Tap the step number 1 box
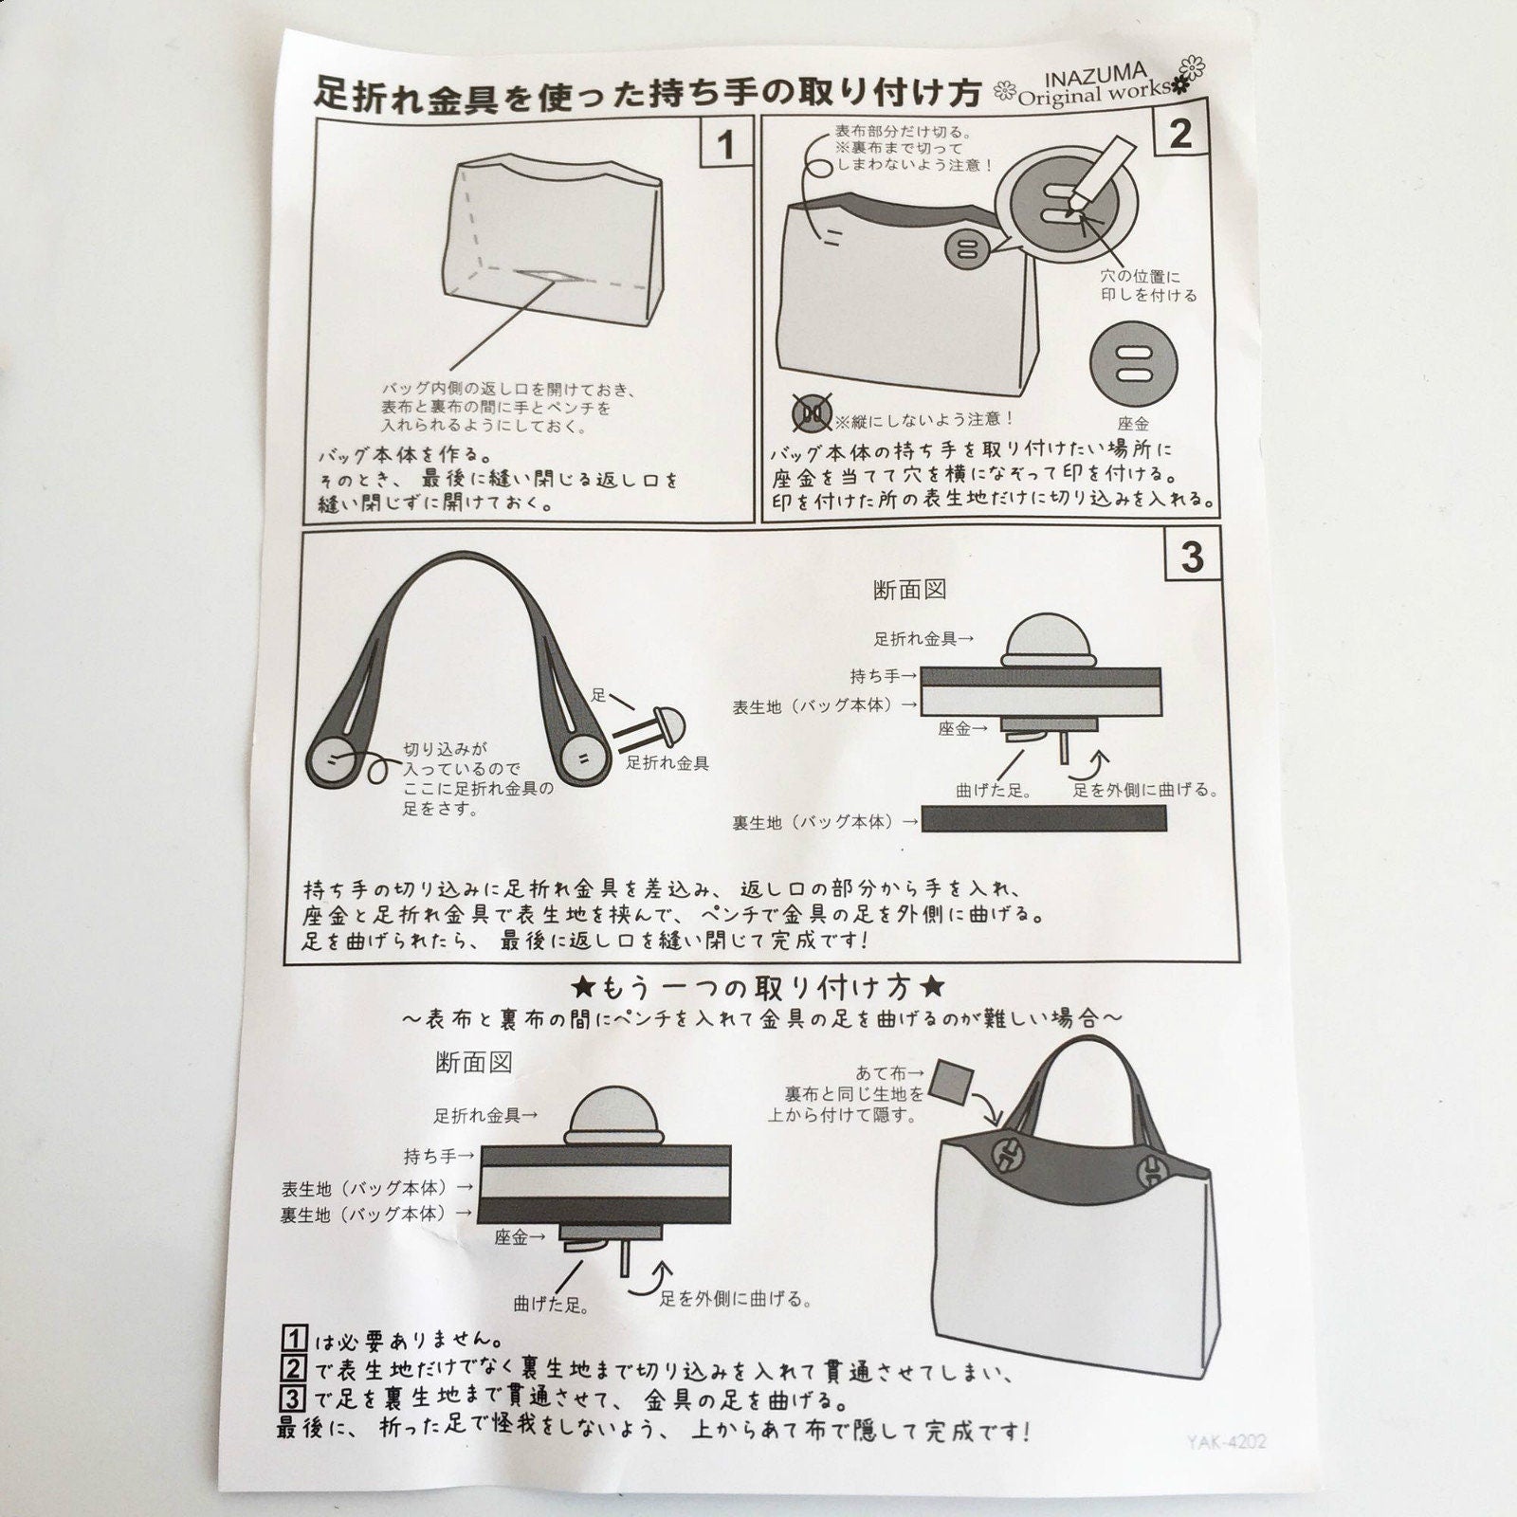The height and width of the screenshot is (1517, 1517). click(726, 145)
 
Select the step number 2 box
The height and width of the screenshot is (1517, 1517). click(1179, 133)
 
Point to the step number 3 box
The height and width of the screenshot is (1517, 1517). click(1192, 556)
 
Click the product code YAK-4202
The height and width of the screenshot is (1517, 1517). click(1225, 1443)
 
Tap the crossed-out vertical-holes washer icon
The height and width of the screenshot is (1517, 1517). click(813, 412)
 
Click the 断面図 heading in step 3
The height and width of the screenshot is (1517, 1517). click(909, 590)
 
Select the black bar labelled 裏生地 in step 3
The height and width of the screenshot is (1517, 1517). click(1043, 818)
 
